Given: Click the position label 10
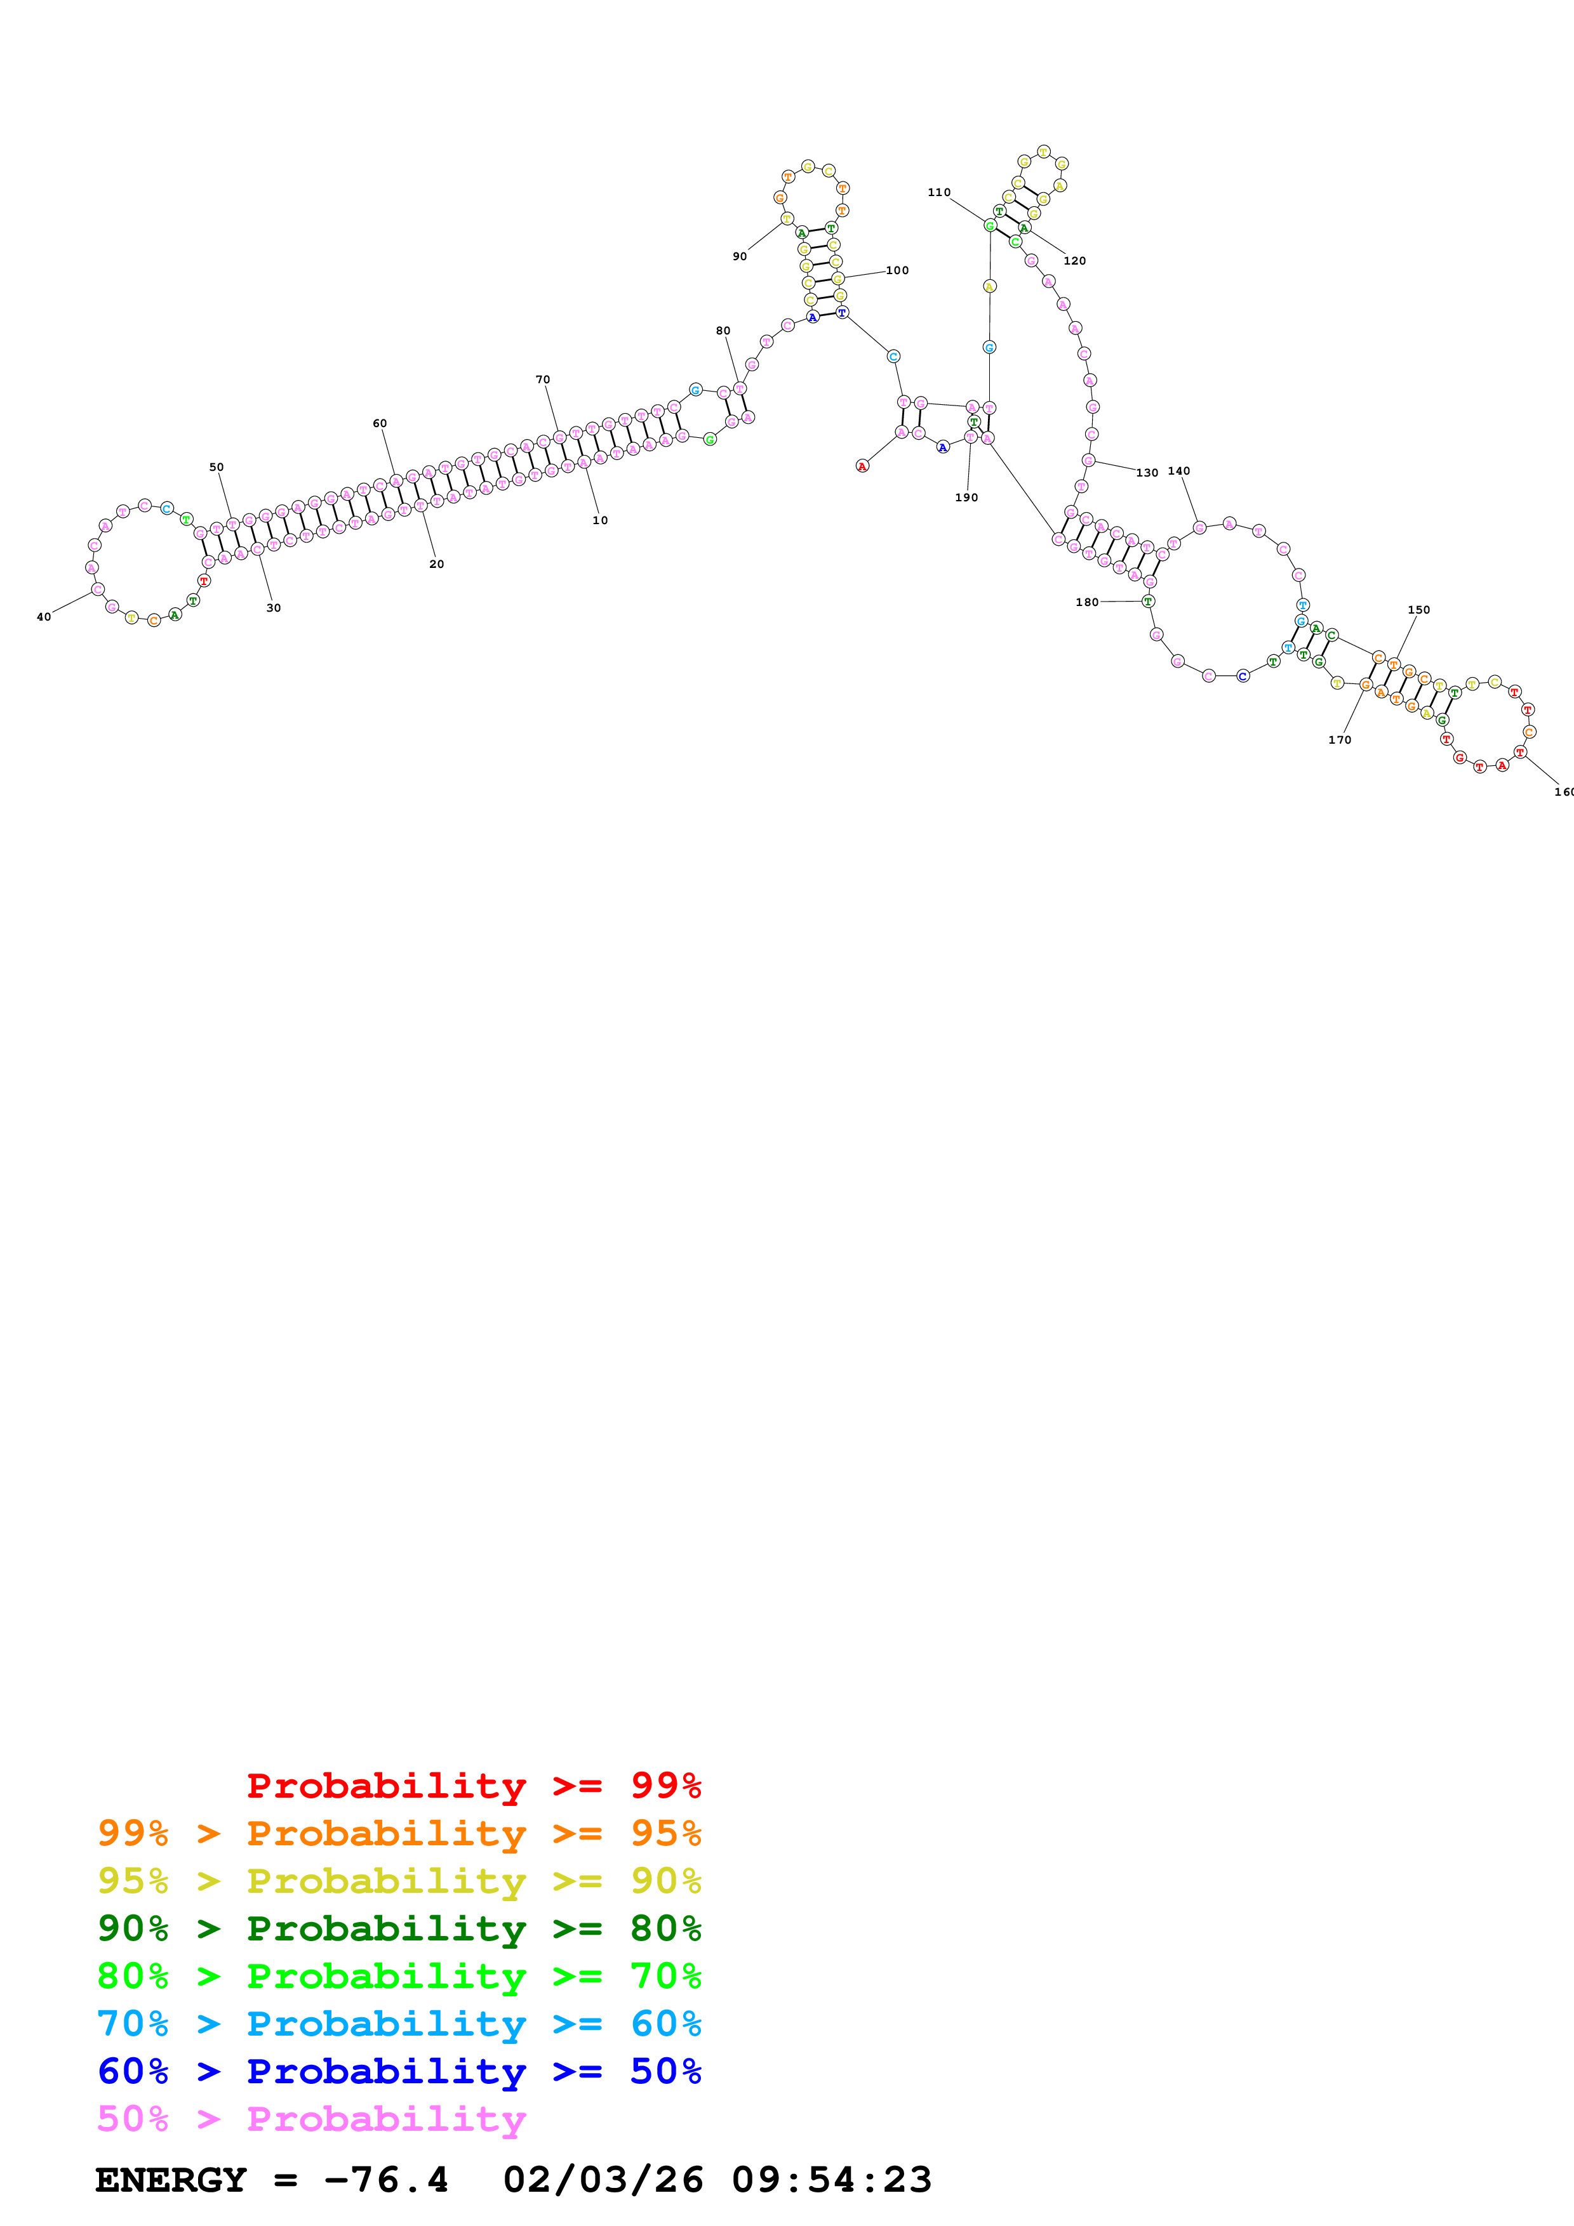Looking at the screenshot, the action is (x=600, y=520).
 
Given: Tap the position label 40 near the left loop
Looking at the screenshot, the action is (x=44, y=617).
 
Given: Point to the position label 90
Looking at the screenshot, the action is (x=740, y=257).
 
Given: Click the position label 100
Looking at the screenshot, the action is (x=897, y=270).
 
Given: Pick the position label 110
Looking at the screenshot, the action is (x=939, y=192).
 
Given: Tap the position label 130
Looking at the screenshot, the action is (x=1147, y=473).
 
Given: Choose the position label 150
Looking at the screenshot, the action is (x=1419, y=610).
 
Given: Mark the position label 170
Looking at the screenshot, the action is (x=1339, y=740).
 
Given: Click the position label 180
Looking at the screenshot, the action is (x=1087, y=602).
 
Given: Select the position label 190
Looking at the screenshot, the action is (x=967, y=497).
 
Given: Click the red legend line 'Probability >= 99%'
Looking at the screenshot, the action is (x=473, y=1785).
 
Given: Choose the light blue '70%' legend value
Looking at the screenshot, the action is (x=133, y=2024).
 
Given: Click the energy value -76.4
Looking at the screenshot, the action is (x=386, y=2180).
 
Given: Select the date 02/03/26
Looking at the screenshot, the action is (x=603, y=2180).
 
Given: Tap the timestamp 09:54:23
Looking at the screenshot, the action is (x=831, y=2180).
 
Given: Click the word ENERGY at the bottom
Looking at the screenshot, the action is (x=171, y=2180).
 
